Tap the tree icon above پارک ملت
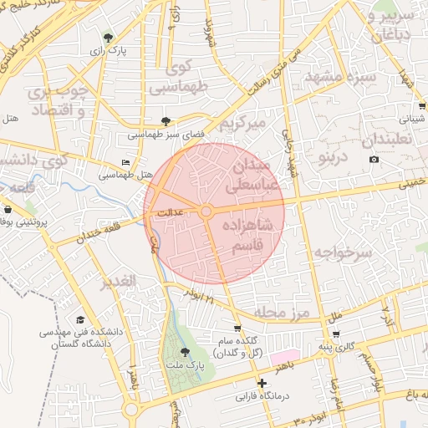click(185, 352)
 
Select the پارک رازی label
click(109, 50)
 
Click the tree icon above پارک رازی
click(108, 37)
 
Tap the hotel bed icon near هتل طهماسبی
click(125, 162)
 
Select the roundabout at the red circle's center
click(206, 212)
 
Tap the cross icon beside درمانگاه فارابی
click(262, 383)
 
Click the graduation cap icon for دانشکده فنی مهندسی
click(80, 319)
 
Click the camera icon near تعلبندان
click(374, 160)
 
